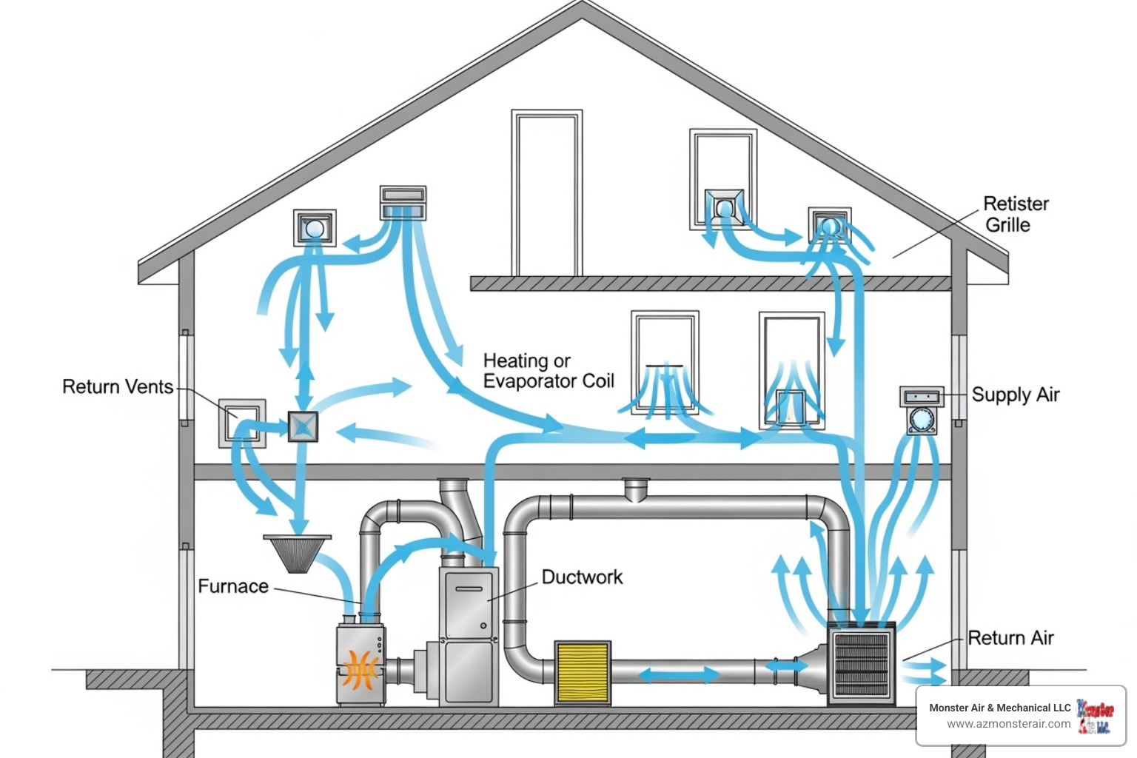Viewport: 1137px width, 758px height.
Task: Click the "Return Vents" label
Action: (x=118, y=386)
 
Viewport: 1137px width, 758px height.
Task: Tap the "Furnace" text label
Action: (x=233, y=586)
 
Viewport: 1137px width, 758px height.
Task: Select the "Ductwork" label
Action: (x=582, y=577)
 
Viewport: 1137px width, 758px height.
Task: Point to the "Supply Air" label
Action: (x=1015, y=395)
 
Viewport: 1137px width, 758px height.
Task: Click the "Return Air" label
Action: (x=1010, y=637)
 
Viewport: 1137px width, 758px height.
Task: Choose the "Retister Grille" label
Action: (x=1015, y=214)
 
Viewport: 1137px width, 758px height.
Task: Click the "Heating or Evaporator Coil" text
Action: (x=549, y=371)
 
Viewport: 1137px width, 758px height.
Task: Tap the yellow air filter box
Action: (x=583, y=672)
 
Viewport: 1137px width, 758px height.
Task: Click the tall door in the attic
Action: (x=547, y=194)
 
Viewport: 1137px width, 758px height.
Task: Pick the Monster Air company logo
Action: (x=1095, y=716)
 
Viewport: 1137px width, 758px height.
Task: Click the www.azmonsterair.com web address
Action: (x=1008, y=724)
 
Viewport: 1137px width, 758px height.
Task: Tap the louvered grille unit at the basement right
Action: (x=861, y=664)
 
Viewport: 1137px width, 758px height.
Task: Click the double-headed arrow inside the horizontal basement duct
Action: (x=679, y=674)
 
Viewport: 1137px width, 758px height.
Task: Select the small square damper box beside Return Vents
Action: (x=303, y=426)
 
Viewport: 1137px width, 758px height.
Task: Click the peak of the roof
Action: (x=582, y=6)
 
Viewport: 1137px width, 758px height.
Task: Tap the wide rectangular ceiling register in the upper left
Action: (x=403, y=203)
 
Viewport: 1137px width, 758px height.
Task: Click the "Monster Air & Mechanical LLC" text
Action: (x=999, y=708)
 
